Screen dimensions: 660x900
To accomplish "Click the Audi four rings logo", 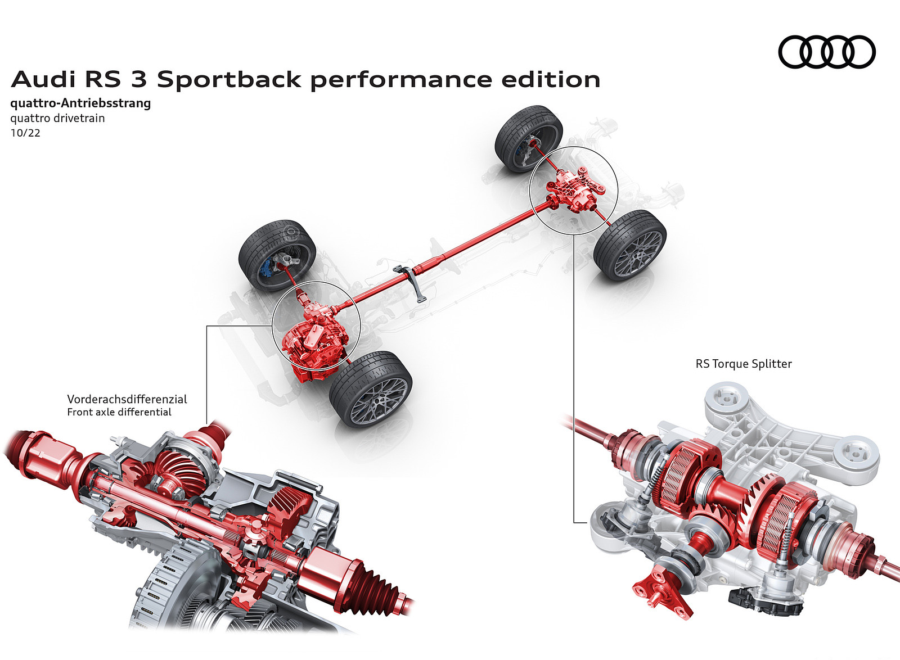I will [x=826, y=52].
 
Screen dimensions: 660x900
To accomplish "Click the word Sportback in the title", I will [x=229, y=80].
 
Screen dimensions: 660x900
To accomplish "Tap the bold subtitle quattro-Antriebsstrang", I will [x=80, y=103].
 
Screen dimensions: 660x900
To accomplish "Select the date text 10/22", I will [x=25, y=133].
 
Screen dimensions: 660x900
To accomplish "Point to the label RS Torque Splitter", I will [x=743, y=364].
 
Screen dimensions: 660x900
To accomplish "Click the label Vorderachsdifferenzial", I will [x=127, y=399].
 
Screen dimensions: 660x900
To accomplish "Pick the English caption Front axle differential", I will [x=119, y=412].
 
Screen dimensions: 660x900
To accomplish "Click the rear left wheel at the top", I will [x=528, y=138].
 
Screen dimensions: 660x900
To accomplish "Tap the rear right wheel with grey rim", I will [x=631, y=245].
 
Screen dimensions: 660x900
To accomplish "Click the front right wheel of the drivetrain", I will [x=371, y=388].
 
